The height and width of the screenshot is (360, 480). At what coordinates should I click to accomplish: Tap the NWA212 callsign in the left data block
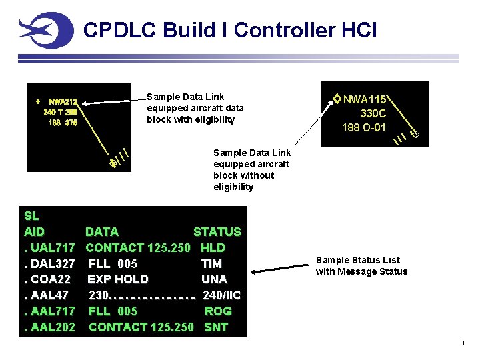coord(63,102)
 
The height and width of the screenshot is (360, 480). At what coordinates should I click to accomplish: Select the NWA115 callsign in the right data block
coord(366,99)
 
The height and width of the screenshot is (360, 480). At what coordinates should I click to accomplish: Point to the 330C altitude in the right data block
coord(373,113)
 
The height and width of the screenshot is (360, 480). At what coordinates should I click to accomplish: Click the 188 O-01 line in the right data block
coord(364,127)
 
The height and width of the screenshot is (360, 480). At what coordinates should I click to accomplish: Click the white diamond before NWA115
coord(337,99)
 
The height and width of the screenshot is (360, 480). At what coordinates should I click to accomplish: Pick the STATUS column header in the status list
coord(217,232)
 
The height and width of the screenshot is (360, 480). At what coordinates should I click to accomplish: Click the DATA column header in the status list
coord(102,232)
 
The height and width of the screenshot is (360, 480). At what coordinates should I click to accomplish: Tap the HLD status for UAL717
coord(213,248)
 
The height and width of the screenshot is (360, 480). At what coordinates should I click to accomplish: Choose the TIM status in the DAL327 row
coord(212,264)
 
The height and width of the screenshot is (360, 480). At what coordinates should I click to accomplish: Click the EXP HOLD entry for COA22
coord(118,279)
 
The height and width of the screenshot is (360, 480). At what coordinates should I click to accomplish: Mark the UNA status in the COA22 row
coord(214,279)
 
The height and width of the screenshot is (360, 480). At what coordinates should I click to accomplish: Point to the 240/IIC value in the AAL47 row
coord(221,295)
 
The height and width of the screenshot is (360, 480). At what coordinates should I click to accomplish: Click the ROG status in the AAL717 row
coord(218,311)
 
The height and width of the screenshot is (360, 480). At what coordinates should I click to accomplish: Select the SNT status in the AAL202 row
coord(216,327)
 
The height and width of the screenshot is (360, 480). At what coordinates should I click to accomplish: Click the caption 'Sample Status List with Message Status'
coord(361,265)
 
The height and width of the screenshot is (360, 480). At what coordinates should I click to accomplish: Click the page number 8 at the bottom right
coord(461,343)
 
